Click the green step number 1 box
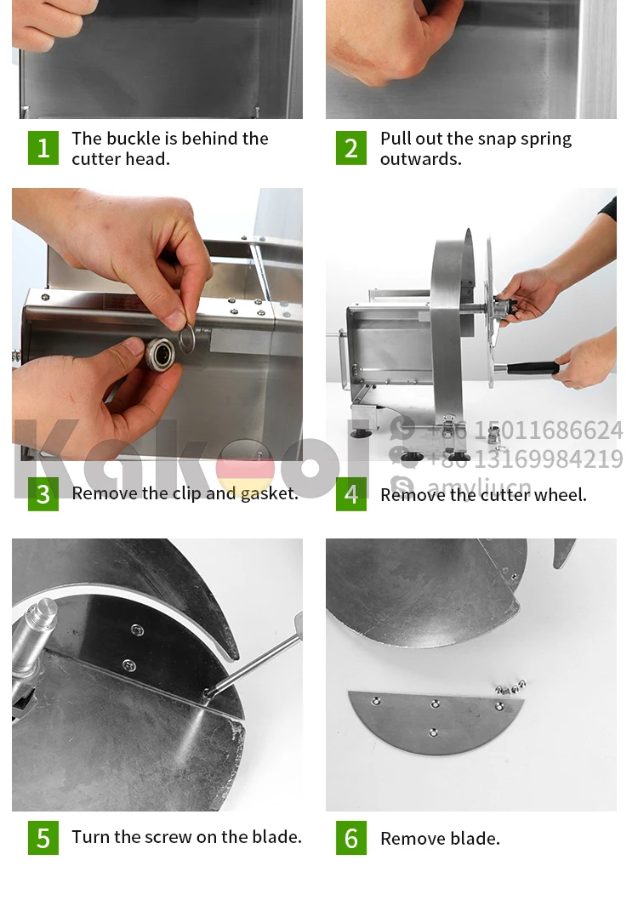(x=43, y=148)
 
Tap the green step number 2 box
(x=350, y=148)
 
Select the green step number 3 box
(x=43, y=494)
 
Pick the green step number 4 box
(x=350, y=494)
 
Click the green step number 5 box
(x=43, y=838)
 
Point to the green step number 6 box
(x=350, y=838)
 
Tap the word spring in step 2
(x=545, y=140)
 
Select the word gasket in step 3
(x=269, y=494)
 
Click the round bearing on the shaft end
(x=161, y=354)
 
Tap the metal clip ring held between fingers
(x=186, y=339)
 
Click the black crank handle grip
(x=533, y=368)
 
